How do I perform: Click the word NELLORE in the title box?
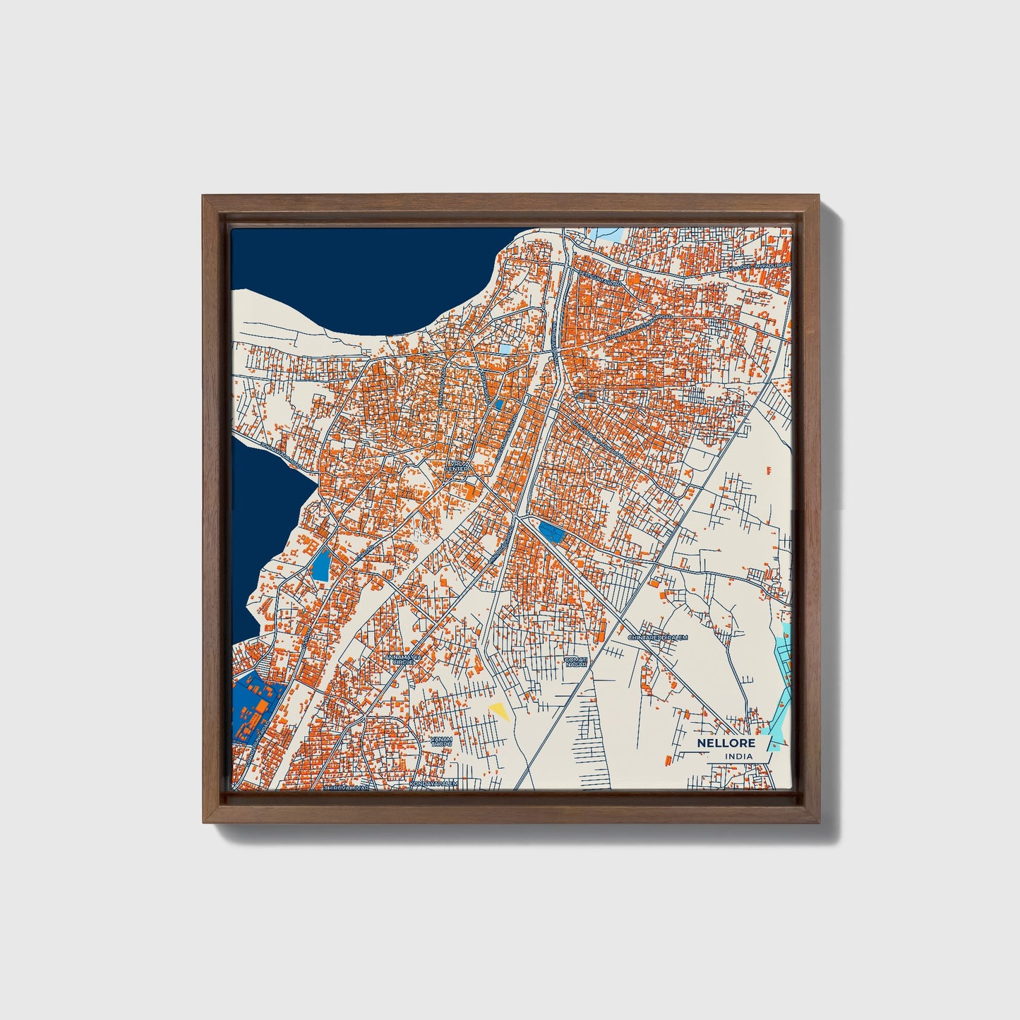(726, 743)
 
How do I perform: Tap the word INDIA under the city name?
(738, 756)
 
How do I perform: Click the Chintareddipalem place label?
(657, 637)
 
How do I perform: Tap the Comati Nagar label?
(576, 661)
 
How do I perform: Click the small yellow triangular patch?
(500, 710)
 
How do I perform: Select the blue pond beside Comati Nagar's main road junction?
(551, 531)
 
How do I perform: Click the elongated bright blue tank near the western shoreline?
(321, 564)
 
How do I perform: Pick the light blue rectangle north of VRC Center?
(505, 349)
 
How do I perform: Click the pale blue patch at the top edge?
(604, 232)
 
